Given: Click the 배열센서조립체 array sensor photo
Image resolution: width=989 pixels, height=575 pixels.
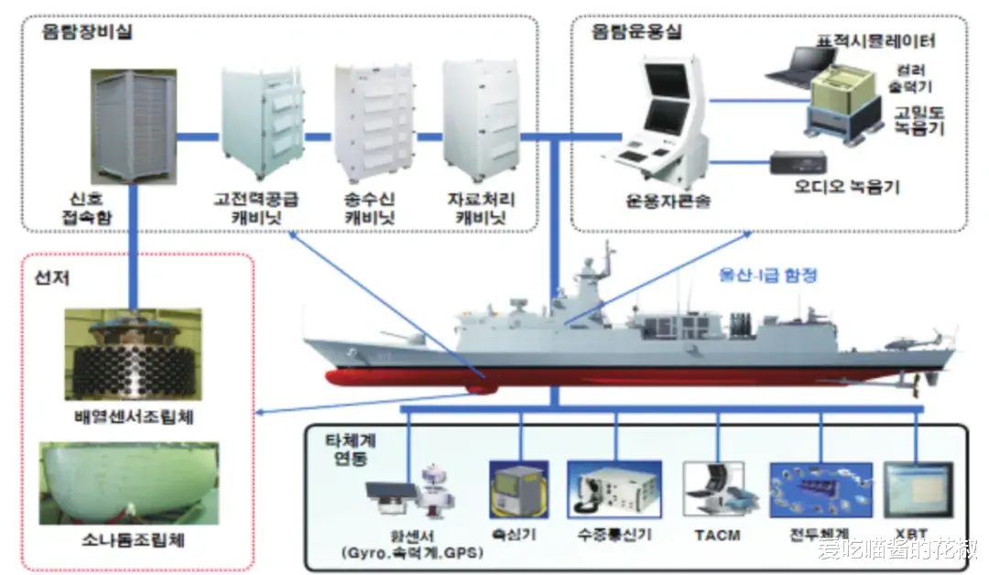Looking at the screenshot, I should pyautogui.click(x=134, y=357).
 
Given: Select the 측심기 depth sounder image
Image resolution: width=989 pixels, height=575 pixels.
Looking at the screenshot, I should pyautogui.click(x=518, y=491).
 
